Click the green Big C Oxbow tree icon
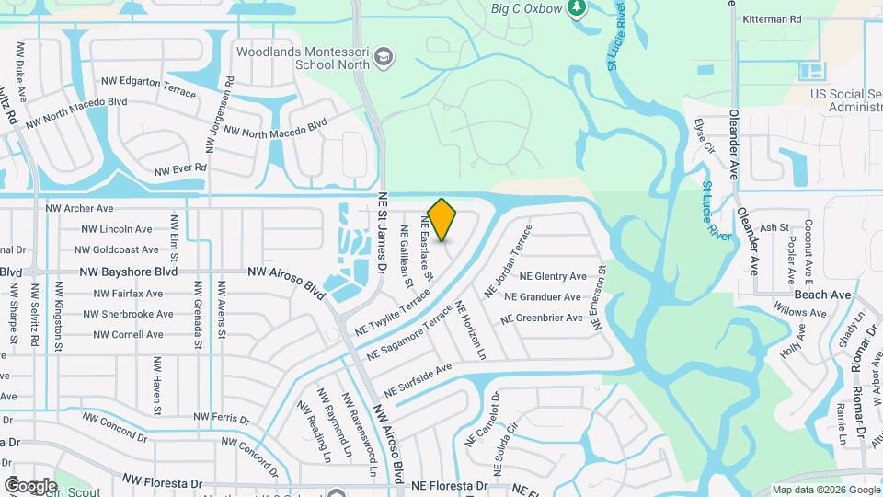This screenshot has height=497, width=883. pyautogui.click(x=578, y=8)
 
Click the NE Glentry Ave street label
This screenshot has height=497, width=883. pyautogui.click(x=553, y=276)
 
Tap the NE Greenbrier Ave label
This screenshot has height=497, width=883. pyautogui.click(x=542, y=318)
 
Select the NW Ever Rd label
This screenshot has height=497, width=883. pyautogui.click(x=181, y=169)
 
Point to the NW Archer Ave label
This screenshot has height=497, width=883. pyautogui.click(x=79, y=209)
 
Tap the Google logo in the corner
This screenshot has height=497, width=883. pyautogui.click(x=30, y=485)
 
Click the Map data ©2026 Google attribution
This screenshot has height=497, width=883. pyautogui.click(x=825, y=490)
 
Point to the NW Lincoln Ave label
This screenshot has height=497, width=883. pyautogui.click(x=117, y=229)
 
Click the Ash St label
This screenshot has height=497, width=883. pyautogui.click(x=774, y=227)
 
